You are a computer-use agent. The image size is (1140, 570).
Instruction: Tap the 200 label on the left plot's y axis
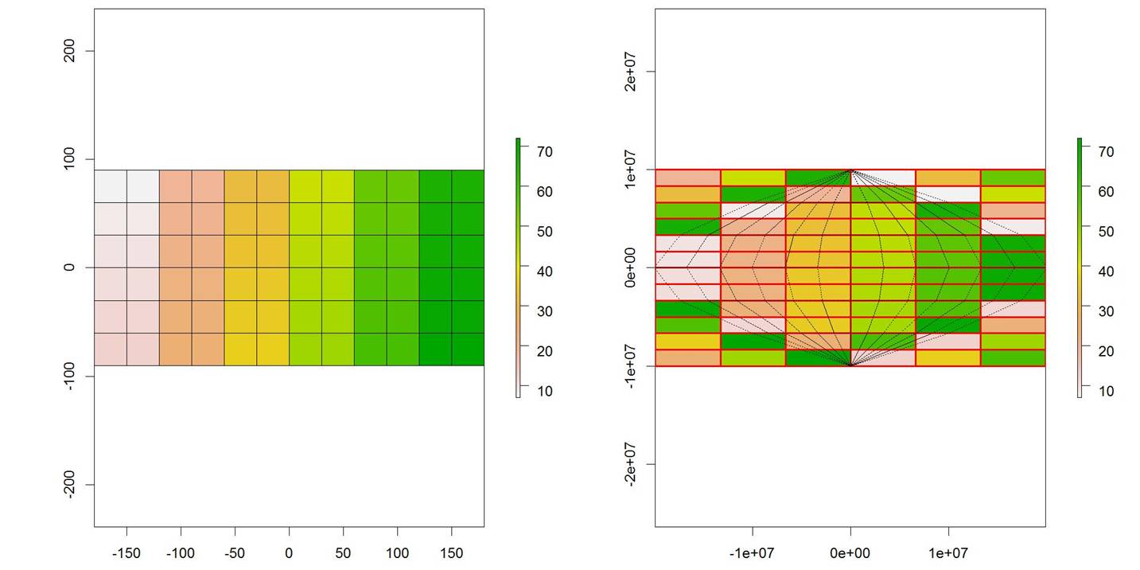coord(69,51)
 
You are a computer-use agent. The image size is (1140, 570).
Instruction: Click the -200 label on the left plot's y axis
coord(69,484)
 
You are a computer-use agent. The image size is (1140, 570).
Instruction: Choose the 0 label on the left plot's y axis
coord(69,267)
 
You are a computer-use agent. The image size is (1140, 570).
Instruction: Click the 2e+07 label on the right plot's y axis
coord(631,72)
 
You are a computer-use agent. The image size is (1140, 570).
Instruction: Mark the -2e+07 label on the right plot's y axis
coord(631,464)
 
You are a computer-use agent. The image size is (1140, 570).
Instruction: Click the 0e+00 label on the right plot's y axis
coord(631,268)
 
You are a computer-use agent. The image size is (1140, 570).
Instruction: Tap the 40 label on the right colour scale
coord(1107,271)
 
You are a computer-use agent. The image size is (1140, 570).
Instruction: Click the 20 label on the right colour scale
coord(1107,351)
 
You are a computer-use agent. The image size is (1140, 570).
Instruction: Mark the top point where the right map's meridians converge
coord(850,170)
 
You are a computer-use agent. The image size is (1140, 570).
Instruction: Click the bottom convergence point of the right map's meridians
coord(850,365)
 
